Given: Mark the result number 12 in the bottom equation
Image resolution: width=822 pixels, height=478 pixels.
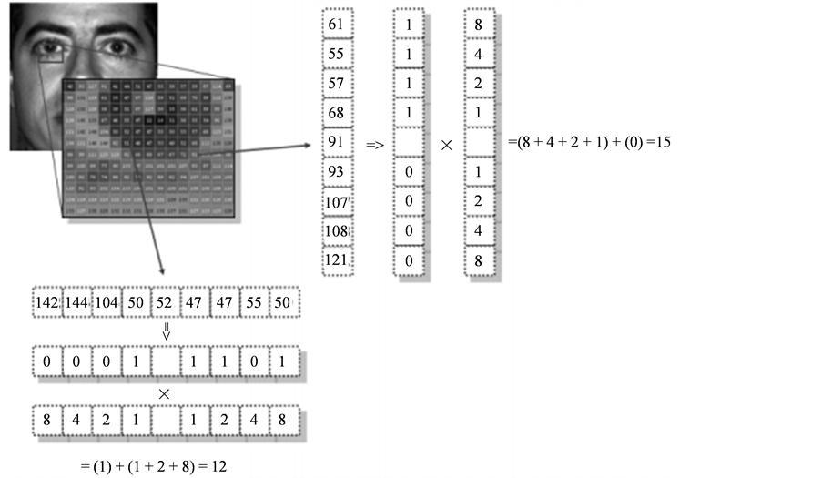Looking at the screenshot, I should click(x=218, y=465).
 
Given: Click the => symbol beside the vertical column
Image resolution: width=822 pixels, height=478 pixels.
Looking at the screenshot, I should click(x=374, y=144).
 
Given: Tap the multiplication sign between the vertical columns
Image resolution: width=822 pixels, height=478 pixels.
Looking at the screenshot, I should click(x=446, y=144).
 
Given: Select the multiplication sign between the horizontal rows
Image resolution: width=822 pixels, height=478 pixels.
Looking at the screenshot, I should click(x=165, y=393).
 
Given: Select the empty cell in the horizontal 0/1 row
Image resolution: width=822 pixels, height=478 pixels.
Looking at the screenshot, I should click(x=166, y=362).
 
